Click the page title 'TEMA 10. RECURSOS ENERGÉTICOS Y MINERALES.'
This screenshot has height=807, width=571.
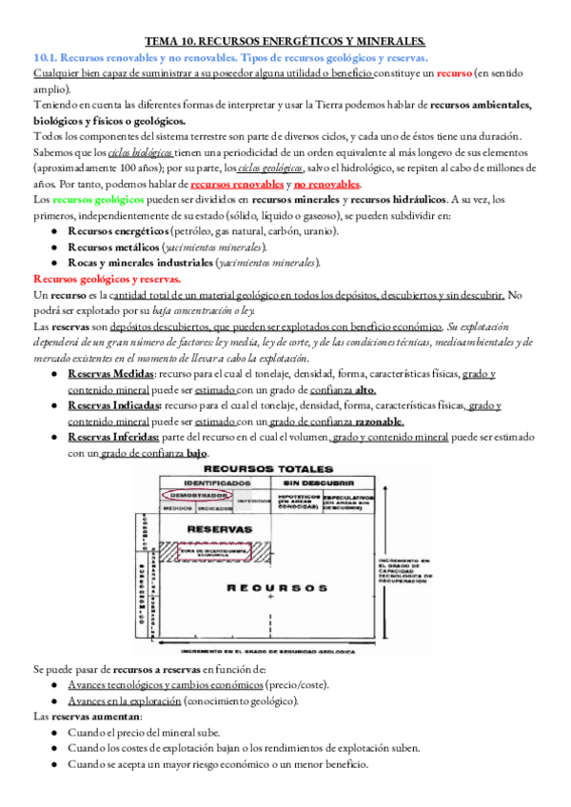click(x=285, y=42)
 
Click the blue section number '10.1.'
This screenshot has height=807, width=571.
click(x=47, y=58)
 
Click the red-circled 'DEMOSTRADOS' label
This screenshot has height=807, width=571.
click(x=193, y=496)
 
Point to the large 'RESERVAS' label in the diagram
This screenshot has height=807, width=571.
click(x=221, y=527)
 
